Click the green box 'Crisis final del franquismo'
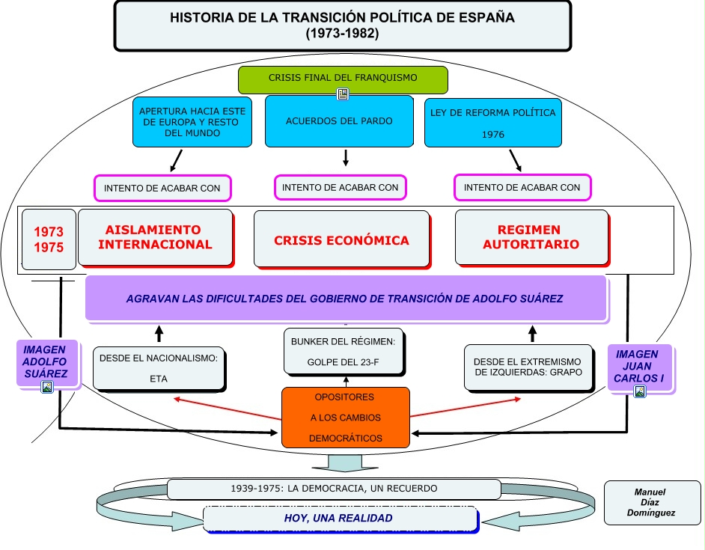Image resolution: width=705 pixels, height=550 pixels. [x=342, y=78]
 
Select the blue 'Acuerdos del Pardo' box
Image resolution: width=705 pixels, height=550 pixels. [x=339, y=120]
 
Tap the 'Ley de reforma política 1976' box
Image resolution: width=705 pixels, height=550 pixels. [x=492, y=122]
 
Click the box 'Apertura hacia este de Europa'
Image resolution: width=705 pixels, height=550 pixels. [x=192, y=122]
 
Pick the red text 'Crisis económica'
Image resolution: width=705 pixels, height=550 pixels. [x=341, y=240]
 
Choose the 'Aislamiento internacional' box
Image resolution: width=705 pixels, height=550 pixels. [x=155, y=237]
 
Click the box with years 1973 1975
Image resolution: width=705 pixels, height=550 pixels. [x=49, y=239]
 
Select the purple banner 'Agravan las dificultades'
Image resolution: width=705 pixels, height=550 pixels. [x=345, y=298]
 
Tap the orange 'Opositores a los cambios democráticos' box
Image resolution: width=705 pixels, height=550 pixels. [x=345, y=417]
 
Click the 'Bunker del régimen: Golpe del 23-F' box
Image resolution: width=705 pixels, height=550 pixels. [x=345, y=351]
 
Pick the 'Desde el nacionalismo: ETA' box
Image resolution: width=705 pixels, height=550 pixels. [x=158, y=367]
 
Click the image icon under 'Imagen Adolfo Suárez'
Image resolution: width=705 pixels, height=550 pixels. [x=47, y=387]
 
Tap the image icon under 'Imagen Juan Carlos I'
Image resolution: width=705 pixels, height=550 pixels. [x=639, y=391]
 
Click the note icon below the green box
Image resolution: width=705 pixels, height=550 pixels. [x=343, y=94]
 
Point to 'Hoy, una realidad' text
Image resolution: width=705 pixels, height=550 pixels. [x=339, y=518]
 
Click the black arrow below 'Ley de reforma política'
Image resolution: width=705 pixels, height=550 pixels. [x=515, y=160]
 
